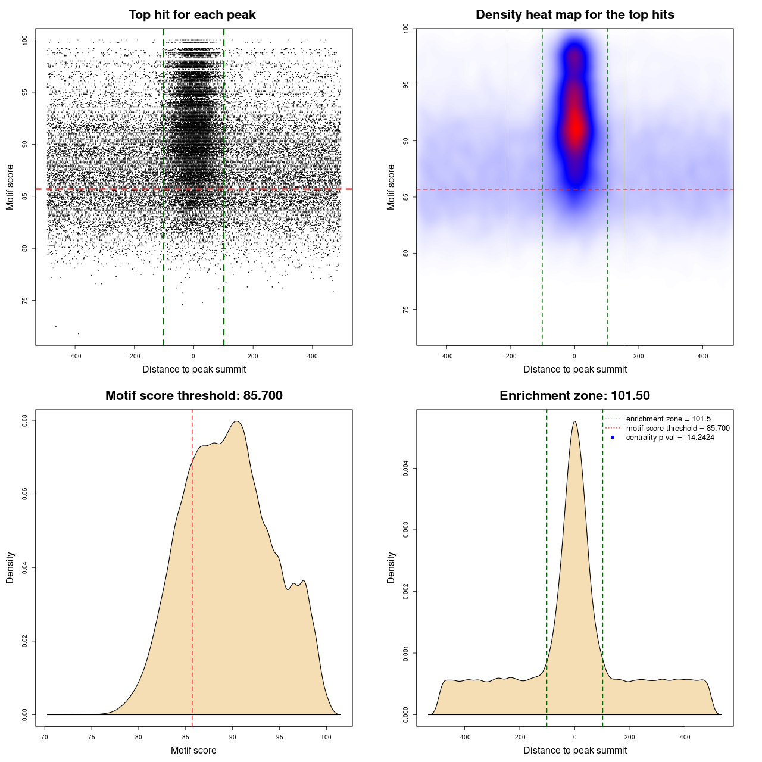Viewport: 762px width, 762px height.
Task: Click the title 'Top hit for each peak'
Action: coord(192,15)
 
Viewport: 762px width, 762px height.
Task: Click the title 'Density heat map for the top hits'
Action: coord(574,15)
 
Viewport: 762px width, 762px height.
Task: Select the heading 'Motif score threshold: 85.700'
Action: coord(193,396)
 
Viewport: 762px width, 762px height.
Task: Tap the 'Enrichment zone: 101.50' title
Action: coord(574,396)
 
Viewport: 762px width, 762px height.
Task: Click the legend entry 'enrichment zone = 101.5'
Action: coord(668,419)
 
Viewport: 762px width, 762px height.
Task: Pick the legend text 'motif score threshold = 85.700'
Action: coord(677,428)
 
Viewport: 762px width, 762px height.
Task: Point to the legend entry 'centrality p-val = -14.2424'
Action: coord(670,438)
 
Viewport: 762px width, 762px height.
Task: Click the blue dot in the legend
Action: coord(613,438)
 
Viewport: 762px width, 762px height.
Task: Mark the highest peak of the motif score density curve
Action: coord(237,421)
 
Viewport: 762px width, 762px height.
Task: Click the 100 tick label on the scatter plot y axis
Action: coord(25,40)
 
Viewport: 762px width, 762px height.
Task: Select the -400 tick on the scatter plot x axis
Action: coord(75,356)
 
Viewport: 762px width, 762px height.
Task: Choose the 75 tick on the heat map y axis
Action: coord(405,310)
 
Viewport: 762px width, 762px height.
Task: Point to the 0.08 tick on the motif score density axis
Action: coord(25,420)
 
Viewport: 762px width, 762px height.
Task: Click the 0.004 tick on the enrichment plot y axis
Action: coord(405,469)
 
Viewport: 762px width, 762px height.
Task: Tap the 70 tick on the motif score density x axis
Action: coord(45,737)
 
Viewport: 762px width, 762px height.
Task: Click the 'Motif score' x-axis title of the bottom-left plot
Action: coord(193,750)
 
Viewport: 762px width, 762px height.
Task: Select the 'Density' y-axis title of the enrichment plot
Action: coord(391,567)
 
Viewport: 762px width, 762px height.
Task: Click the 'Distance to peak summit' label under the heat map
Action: coord(574,369)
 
